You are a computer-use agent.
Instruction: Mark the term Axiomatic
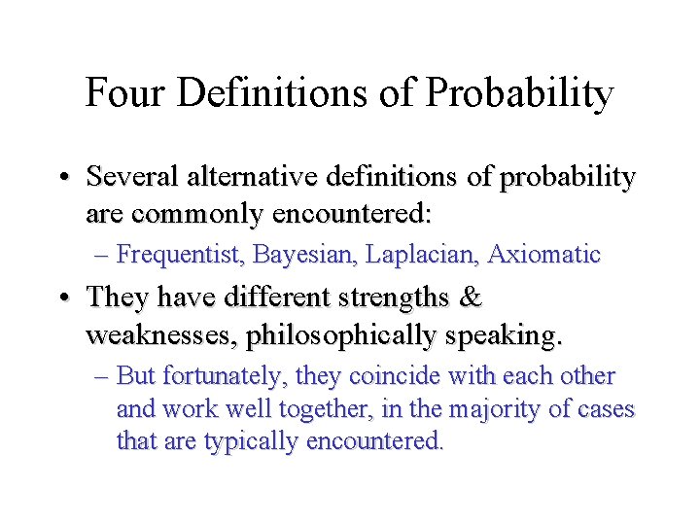pos(544,256)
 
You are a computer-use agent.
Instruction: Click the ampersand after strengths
pos(470,297)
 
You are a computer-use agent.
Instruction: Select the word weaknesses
pos(161,336)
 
